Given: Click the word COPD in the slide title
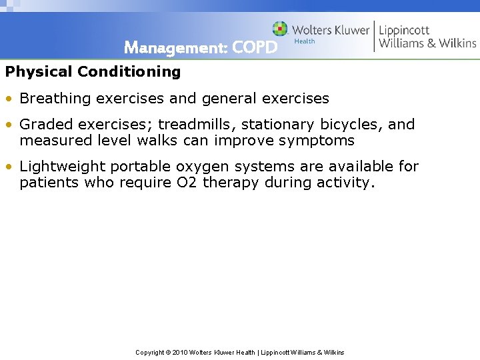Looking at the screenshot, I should tap(255, 48).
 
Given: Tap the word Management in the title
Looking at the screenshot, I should tap(175, 48).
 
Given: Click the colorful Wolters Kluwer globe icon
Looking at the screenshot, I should tap(280, 29).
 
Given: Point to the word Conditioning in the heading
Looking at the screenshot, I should tap(129, 71).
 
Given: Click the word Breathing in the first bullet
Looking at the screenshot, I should tap(55, 99).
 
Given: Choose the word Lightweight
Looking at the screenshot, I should tap(63, 167).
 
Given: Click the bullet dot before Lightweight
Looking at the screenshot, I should tap(9, 167).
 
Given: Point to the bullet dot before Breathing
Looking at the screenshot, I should tap(9, 99).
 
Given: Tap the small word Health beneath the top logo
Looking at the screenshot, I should tap(304, 41).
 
